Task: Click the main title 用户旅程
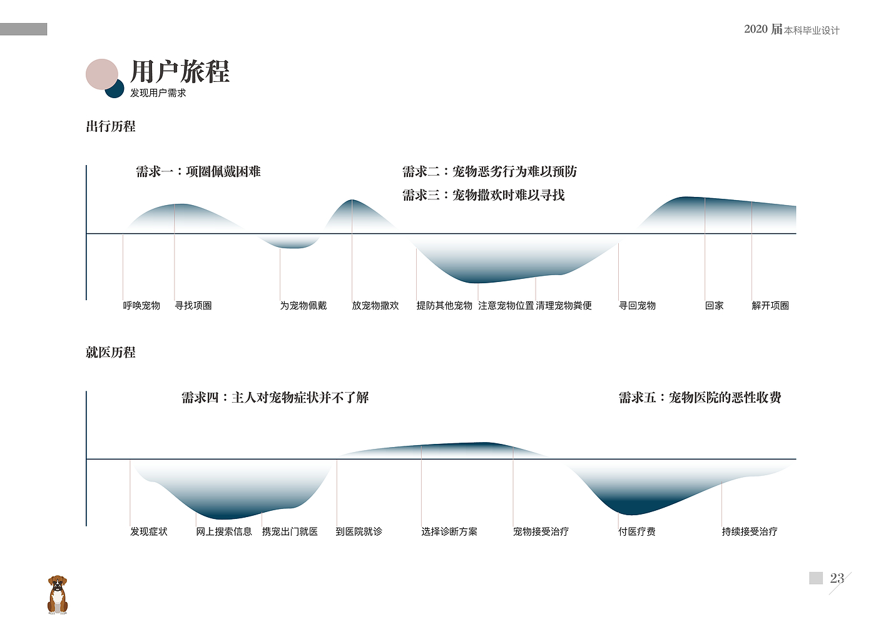click(x=180, y=72)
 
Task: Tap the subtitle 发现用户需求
click(x=158, y=93)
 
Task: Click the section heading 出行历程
click(x=111, y=126)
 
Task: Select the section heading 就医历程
click(x=111, y=353)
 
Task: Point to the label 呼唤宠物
click(x=141, y=306)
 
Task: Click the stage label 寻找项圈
click(x=193, y=306)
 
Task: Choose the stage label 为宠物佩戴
click(x=303, y=306)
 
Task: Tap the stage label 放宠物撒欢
click(x=375, y=306)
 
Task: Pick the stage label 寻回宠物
click(x=637, y=306)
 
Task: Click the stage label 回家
click(x=714, y=306)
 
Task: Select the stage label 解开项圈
click(x=770, y=306)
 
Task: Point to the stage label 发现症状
click(x=149, y=531)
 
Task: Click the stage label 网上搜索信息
click(x=224, y=531)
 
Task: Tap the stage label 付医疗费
click(x=637, y=531)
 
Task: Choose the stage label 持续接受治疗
click(x=750, y=531)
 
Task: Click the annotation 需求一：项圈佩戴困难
click(x=198, y=172)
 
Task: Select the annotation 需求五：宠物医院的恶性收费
click(x=700, y=398)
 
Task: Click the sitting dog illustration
click(x=58, y=595)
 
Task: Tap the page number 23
click(x=837, y=578)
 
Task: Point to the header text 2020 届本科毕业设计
click(x=792, y=29)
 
